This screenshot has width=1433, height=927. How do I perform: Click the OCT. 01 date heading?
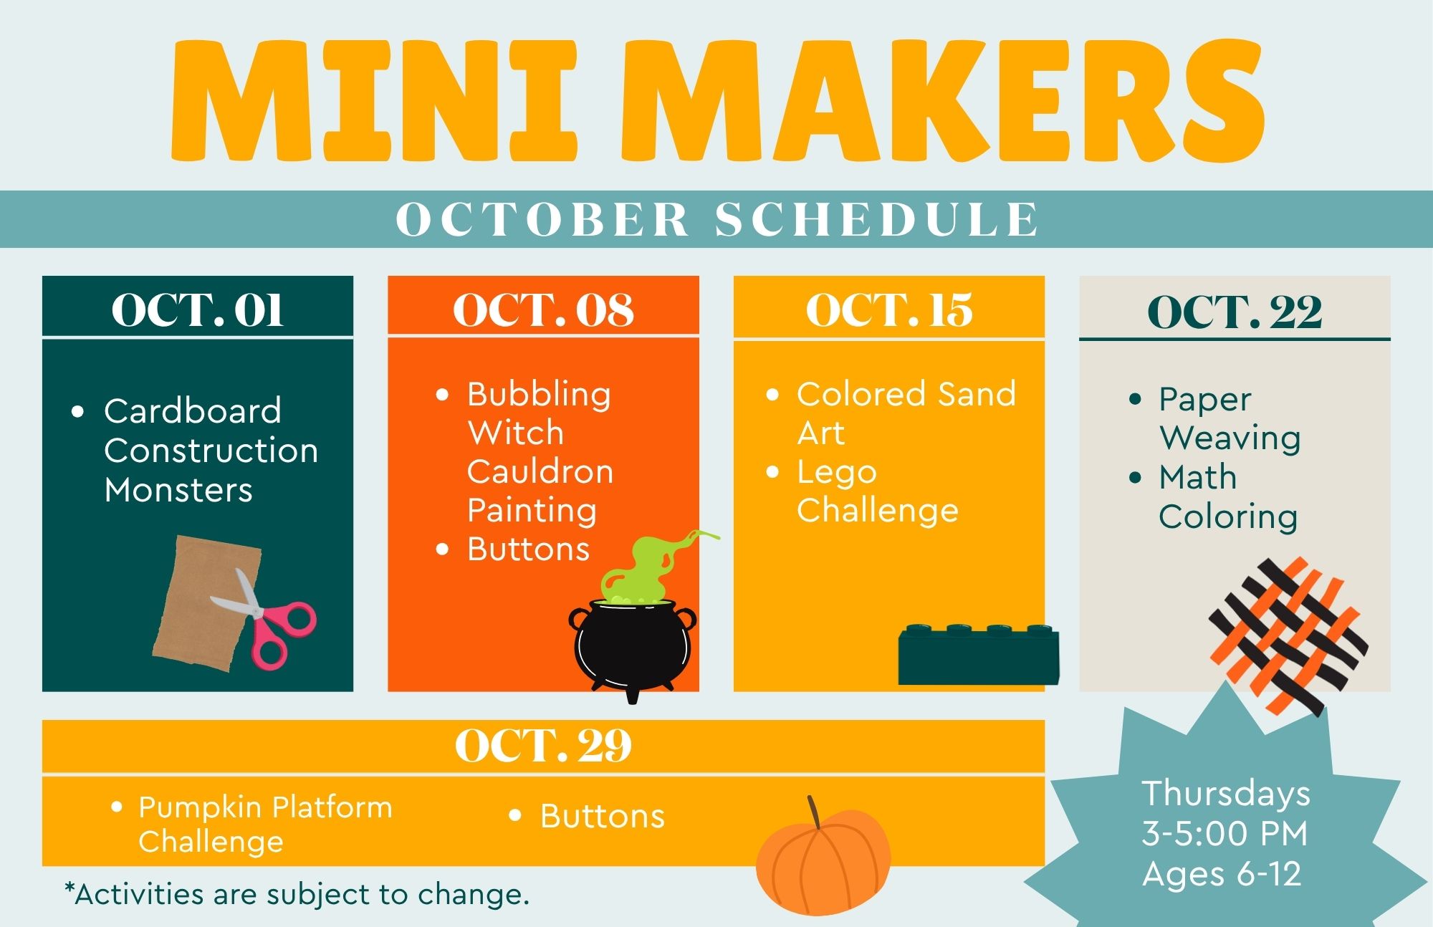click(x=198, y=310)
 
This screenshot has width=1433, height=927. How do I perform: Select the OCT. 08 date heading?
click(x=543, y=310)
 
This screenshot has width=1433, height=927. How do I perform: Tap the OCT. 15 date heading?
click(x=889, y=310)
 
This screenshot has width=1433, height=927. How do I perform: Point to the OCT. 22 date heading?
click(x=1235, y=312)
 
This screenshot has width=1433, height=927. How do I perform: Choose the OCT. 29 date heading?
click(x=543, y=746)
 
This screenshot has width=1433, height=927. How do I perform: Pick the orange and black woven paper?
click(x=1288, y=636)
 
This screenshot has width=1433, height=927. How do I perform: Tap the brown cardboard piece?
click(x=206, y=603)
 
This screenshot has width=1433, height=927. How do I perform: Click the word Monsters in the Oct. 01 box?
click(x=178, y=491)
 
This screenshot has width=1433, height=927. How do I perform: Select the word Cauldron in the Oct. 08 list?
click(x=540, y=472)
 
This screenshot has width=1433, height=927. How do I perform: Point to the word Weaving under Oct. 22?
click(x=1230, y=438)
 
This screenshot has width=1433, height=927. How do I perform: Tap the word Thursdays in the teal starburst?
click(x=1226, y=794)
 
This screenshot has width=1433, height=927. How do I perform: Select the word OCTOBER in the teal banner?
click(x=542, y=219)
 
